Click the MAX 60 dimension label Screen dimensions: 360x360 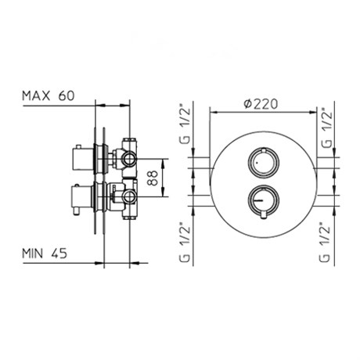(49, 95)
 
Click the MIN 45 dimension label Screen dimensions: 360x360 (45, 253)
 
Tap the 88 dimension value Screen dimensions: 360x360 (153, 178)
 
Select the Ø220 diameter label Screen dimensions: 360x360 (261, 104)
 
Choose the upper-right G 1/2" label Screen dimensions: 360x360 (326, 128)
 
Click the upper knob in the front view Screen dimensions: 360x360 (264, 164)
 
